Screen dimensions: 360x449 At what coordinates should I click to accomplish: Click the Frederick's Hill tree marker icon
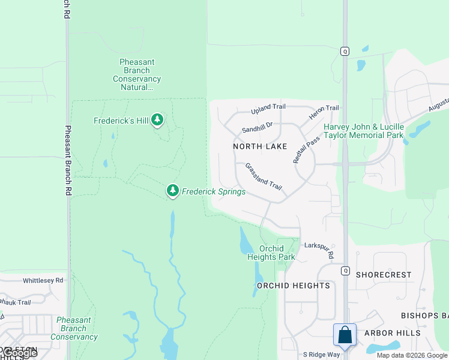coord(157,120)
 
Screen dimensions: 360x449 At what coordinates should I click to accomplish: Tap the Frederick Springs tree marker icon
coord(173,191)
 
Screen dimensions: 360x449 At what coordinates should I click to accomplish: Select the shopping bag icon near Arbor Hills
coord(345,335)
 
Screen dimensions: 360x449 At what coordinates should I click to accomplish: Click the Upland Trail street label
coord(268,107)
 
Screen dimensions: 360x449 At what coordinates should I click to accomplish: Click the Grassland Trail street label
coord(263,176)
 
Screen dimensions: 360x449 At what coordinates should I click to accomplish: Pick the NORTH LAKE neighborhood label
coord(260,146)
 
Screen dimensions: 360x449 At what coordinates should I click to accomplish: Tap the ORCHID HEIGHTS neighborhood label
coord(294,286)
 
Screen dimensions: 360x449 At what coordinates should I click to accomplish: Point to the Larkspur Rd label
coord(319,250)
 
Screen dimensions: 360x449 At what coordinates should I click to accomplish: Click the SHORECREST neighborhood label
coord(384,275)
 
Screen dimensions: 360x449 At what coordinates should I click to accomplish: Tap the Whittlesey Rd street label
coord(43,280)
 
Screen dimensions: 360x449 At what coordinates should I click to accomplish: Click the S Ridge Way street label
coord(321,355)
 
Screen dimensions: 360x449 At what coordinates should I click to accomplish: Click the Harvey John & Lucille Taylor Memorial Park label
coord(364,131)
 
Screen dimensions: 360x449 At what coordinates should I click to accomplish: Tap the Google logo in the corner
coord(19,353)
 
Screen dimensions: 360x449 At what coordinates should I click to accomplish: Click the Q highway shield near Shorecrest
coord(345,271)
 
